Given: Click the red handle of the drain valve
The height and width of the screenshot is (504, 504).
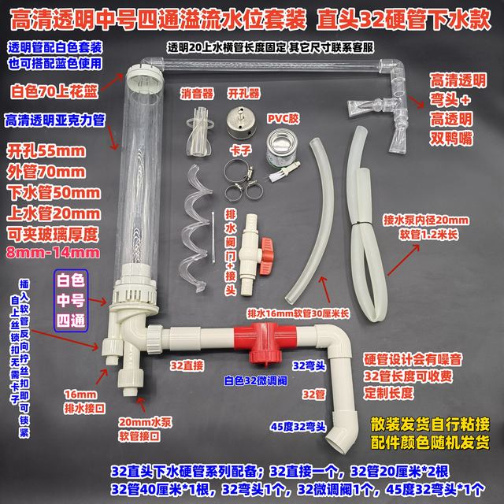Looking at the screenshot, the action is pyautogui.click(x=266, y=254).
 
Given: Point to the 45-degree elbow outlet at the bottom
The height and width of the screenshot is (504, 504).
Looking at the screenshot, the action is pyautogui.click(x=342, y=430).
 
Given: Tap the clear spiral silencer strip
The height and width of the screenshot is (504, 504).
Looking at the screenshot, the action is pyautogui.click(x=196, y=228).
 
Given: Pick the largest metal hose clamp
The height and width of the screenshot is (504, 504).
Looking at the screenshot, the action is pyautogui.click(x=238, y=171).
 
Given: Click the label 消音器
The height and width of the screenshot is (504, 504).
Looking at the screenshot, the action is pyautogui.click(x=197, y=94).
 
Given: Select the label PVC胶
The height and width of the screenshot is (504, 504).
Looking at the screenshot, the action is pyautogui.click(x=283, y=119).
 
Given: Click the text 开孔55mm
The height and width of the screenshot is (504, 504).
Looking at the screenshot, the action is pyautogui.click(x=46, y=152).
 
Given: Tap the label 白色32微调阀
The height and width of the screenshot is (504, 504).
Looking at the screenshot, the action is pyautogui.click(x=255, y=381).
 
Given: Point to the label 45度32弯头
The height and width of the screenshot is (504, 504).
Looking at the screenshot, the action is pyautogui.click(x=298, y=427).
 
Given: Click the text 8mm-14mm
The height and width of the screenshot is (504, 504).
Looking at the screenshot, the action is pyautogui.click(x=53, y=253).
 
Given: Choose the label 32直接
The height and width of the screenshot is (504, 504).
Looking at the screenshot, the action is pyautogui.click(x=187, y=365).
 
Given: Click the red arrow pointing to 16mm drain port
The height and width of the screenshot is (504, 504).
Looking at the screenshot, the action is pyautogui.click(x=102, y=376).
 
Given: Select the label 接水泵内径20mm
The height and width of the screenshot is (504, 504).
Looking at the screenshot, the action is pyautogui.click(x=426, y=220).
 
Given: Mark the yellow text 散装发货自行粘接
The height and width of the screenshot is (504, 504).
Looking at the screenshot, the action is pyautogui.click(x=430, y=424).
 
